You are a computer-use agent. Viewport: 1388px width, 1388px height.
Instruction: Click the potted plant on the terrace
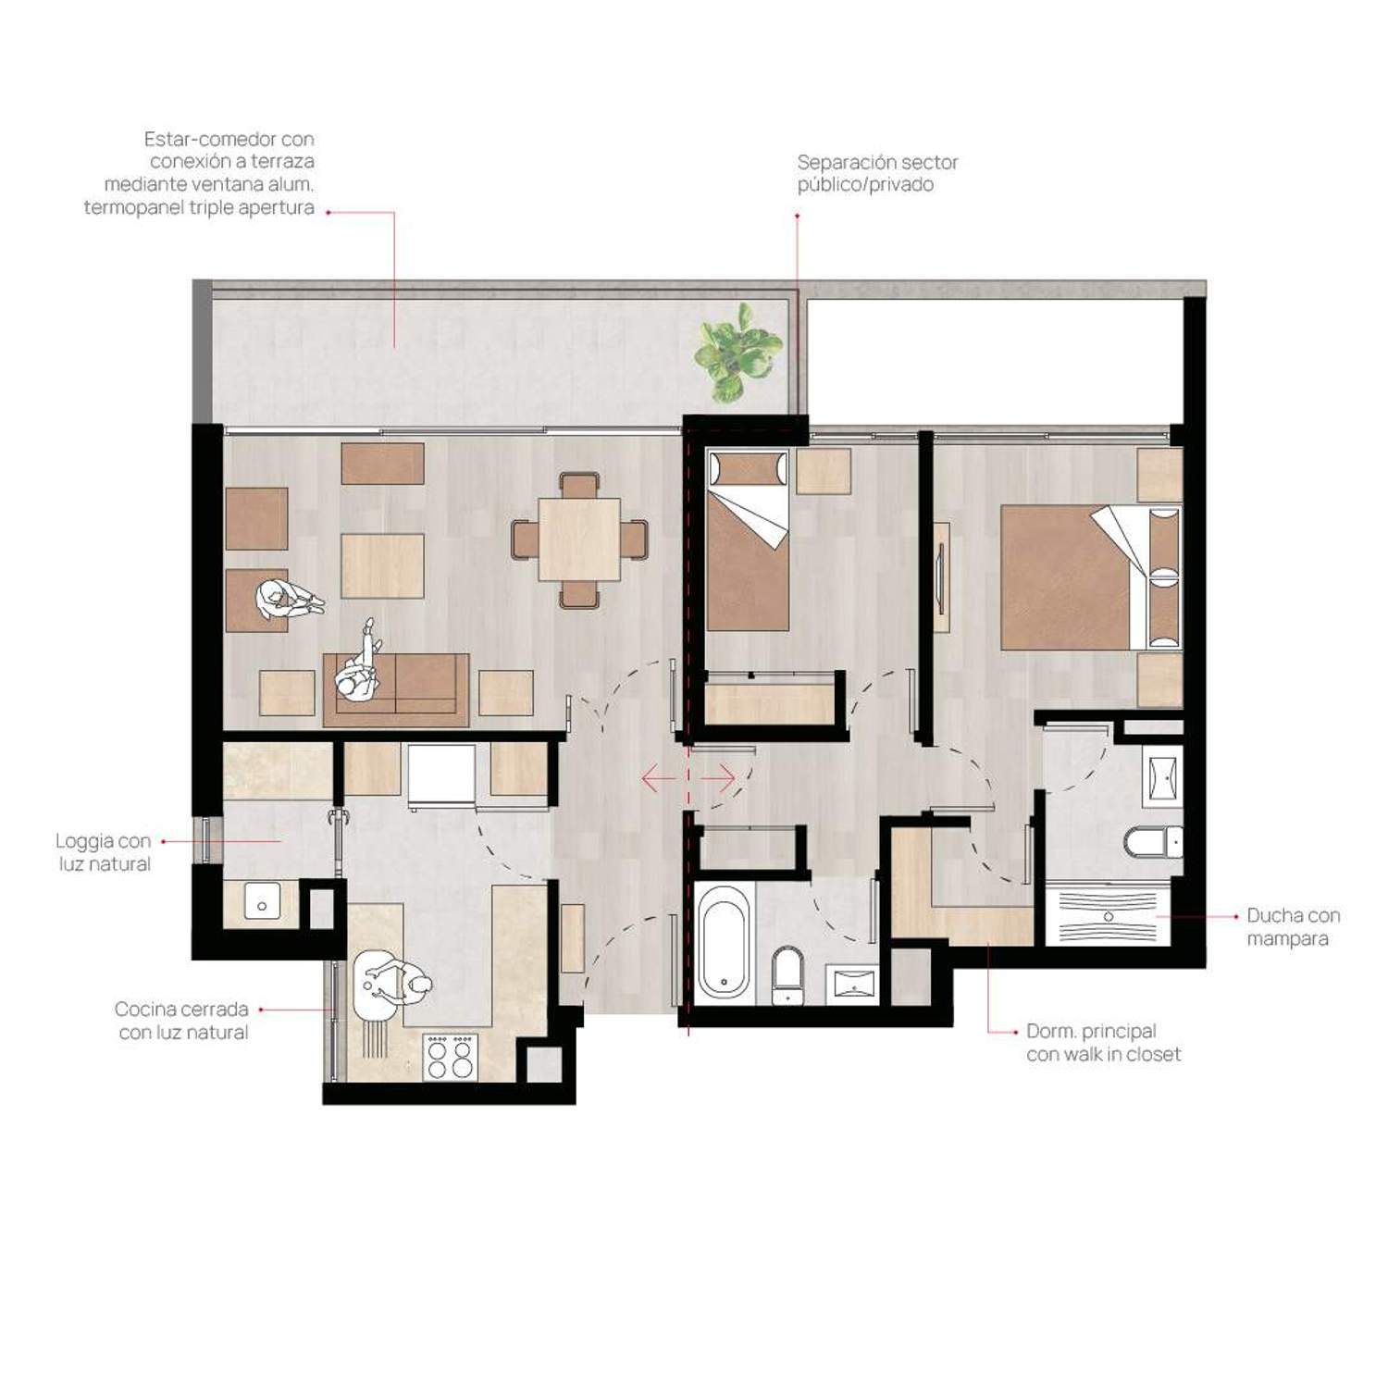pyautogui.click(x=738, y=353)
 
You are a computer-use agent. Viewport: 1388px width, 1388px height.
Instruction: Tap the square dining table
pyautogui.click(x=579, y=539)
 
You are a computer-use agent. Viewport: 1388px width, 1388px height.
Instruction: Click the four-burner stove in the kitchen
pyautogui.click(x=451, y=1057)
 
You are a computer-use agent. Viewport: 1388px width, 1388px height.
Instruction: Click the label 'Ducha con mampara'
pyautogui.click(x=1293, y=927)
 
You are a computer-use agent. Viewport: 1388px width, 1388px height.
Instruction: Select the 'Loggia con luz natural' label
pyautogui.click(x=104, y=852)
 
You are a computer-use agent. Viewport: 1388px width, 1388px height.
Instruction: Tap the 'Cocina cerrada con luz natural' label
pyautogui.click(x=182, y=1021)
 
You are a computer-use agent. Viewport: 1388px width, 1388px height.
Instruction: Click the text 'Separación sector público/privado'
pyautogui.click(x=877, y=173)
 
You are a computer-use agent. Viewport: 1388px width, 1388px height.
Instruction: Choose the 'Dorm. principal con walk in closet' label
pyautogui.click(x=1103, y=1043)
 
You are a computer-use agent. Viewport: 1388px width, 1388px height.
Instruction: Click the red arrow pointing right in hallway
pyautogui.click(x=717, y=778)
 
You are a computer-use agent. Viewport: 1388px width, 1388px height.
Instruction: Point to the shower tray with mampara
pyautogui.click(x=1108, y=916)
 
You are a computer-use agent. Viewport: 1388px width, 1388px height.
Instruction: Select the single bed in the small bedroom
pyautogui.click(x=748, y=540)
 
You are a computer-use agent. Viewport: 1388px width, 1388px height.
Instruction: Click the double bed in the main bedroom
pyautogui.click(x=1091, y=576)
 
